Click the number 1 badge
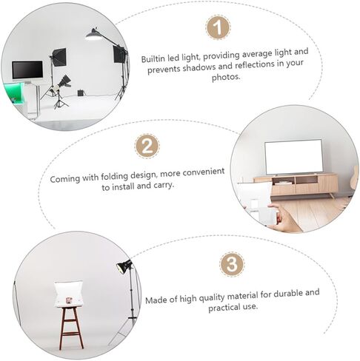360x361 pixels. coord(217,29)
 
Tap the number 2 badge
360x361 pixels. coord(147,145)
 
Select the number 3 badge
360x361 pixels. coord(232,264)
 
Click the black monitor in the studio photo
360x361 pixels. coord(27,71)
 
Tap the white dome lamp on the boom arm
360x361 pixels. coord(93,33)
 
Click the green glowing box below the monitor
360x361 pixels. coord(16,92)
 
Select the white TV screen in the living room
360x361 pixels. coord(293,156)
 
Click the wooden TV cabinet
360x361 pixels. coord(296,185)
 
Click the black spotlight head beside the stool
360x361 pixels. coord(124,267)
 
